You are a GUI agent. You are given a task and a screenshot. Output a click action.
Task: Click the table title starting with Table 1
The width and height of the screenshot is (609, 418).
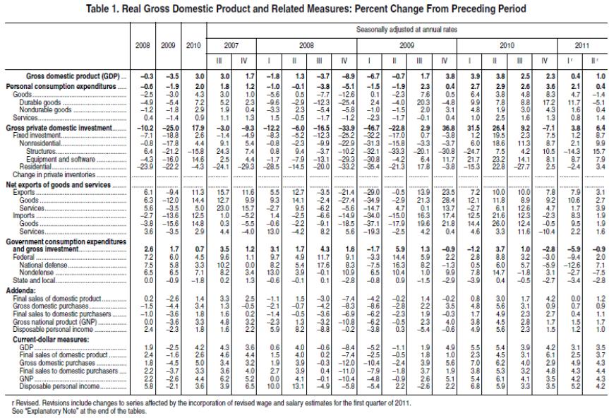coord(304,8)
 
